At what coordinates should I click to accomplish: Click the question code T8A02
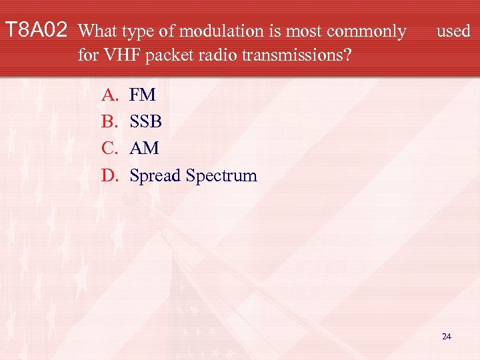(x=36, y=31)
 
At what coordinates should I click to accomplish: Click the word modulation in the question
(x=209, y=31)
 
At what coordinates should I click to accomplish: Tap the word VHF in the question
(x=118, y=55)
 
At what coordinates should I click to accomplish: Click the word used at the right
(x=453, y=31)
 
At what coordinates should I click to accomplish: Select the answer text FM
(x=142, y=95)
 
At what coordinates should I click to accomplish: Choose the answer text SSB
(x=145, y=122)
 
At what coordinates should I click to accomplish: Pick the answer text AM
(x=144, y=149)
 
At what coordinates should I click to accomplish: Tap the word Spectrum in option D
(x=221, y=176)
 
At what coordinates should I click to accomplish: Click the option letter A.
(x=109, y=95)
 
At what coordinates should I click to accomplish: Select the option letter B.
(x=109, y=122)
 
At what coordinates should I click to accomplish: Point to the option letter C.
(x=109, y=149)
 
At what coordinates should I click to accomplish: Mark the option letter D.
(x=109, y=176)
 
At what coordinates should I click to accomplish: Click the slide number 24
(x=446, y=337)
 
